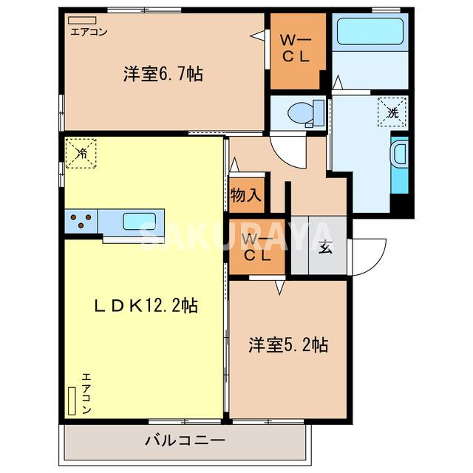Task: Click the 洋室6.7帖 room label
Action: (163, 74)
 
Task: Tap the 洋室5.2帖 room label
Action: (287, 344)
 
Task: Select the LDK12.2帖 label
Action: (144, 304)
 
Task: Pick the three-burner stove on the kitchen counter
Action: (81, 219)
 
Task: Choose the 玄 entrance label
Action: (325, 248)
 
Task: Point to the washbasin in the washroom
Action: (398, 156)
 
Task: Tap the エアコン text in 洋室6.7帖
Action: (89, 31)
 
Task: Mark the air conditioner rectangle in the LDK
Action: (72, 401)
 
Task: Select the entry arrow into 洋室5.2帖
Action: (280, 286)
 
